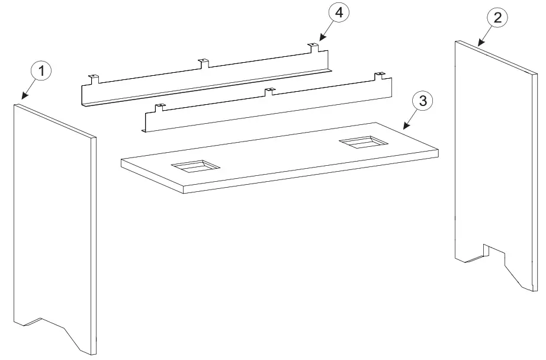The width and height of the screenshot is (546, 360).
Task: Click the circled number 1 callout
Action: click(41, 72)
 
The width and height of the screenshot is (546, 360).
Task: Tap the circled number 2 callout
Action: click(497, 18)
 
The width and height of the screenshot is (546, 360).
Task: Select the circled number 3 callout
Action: click(422, 101)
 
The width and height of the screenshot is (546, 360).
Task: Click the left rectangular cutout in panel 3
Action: click(195, 166)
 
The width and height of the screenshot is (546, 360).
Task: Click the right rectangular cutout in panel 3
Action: click(362, 142)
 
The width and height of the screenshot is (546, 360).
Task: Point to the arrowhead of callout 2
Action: click(478, 45)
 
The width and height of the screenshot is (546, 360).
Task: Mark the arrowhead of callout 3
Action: click(404, 127)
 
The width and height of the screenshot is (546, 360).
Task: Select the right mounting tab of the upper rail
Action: click(312, 46)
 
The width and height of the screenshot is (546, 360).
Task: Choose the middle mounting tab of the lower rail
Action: click(269, 91)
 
